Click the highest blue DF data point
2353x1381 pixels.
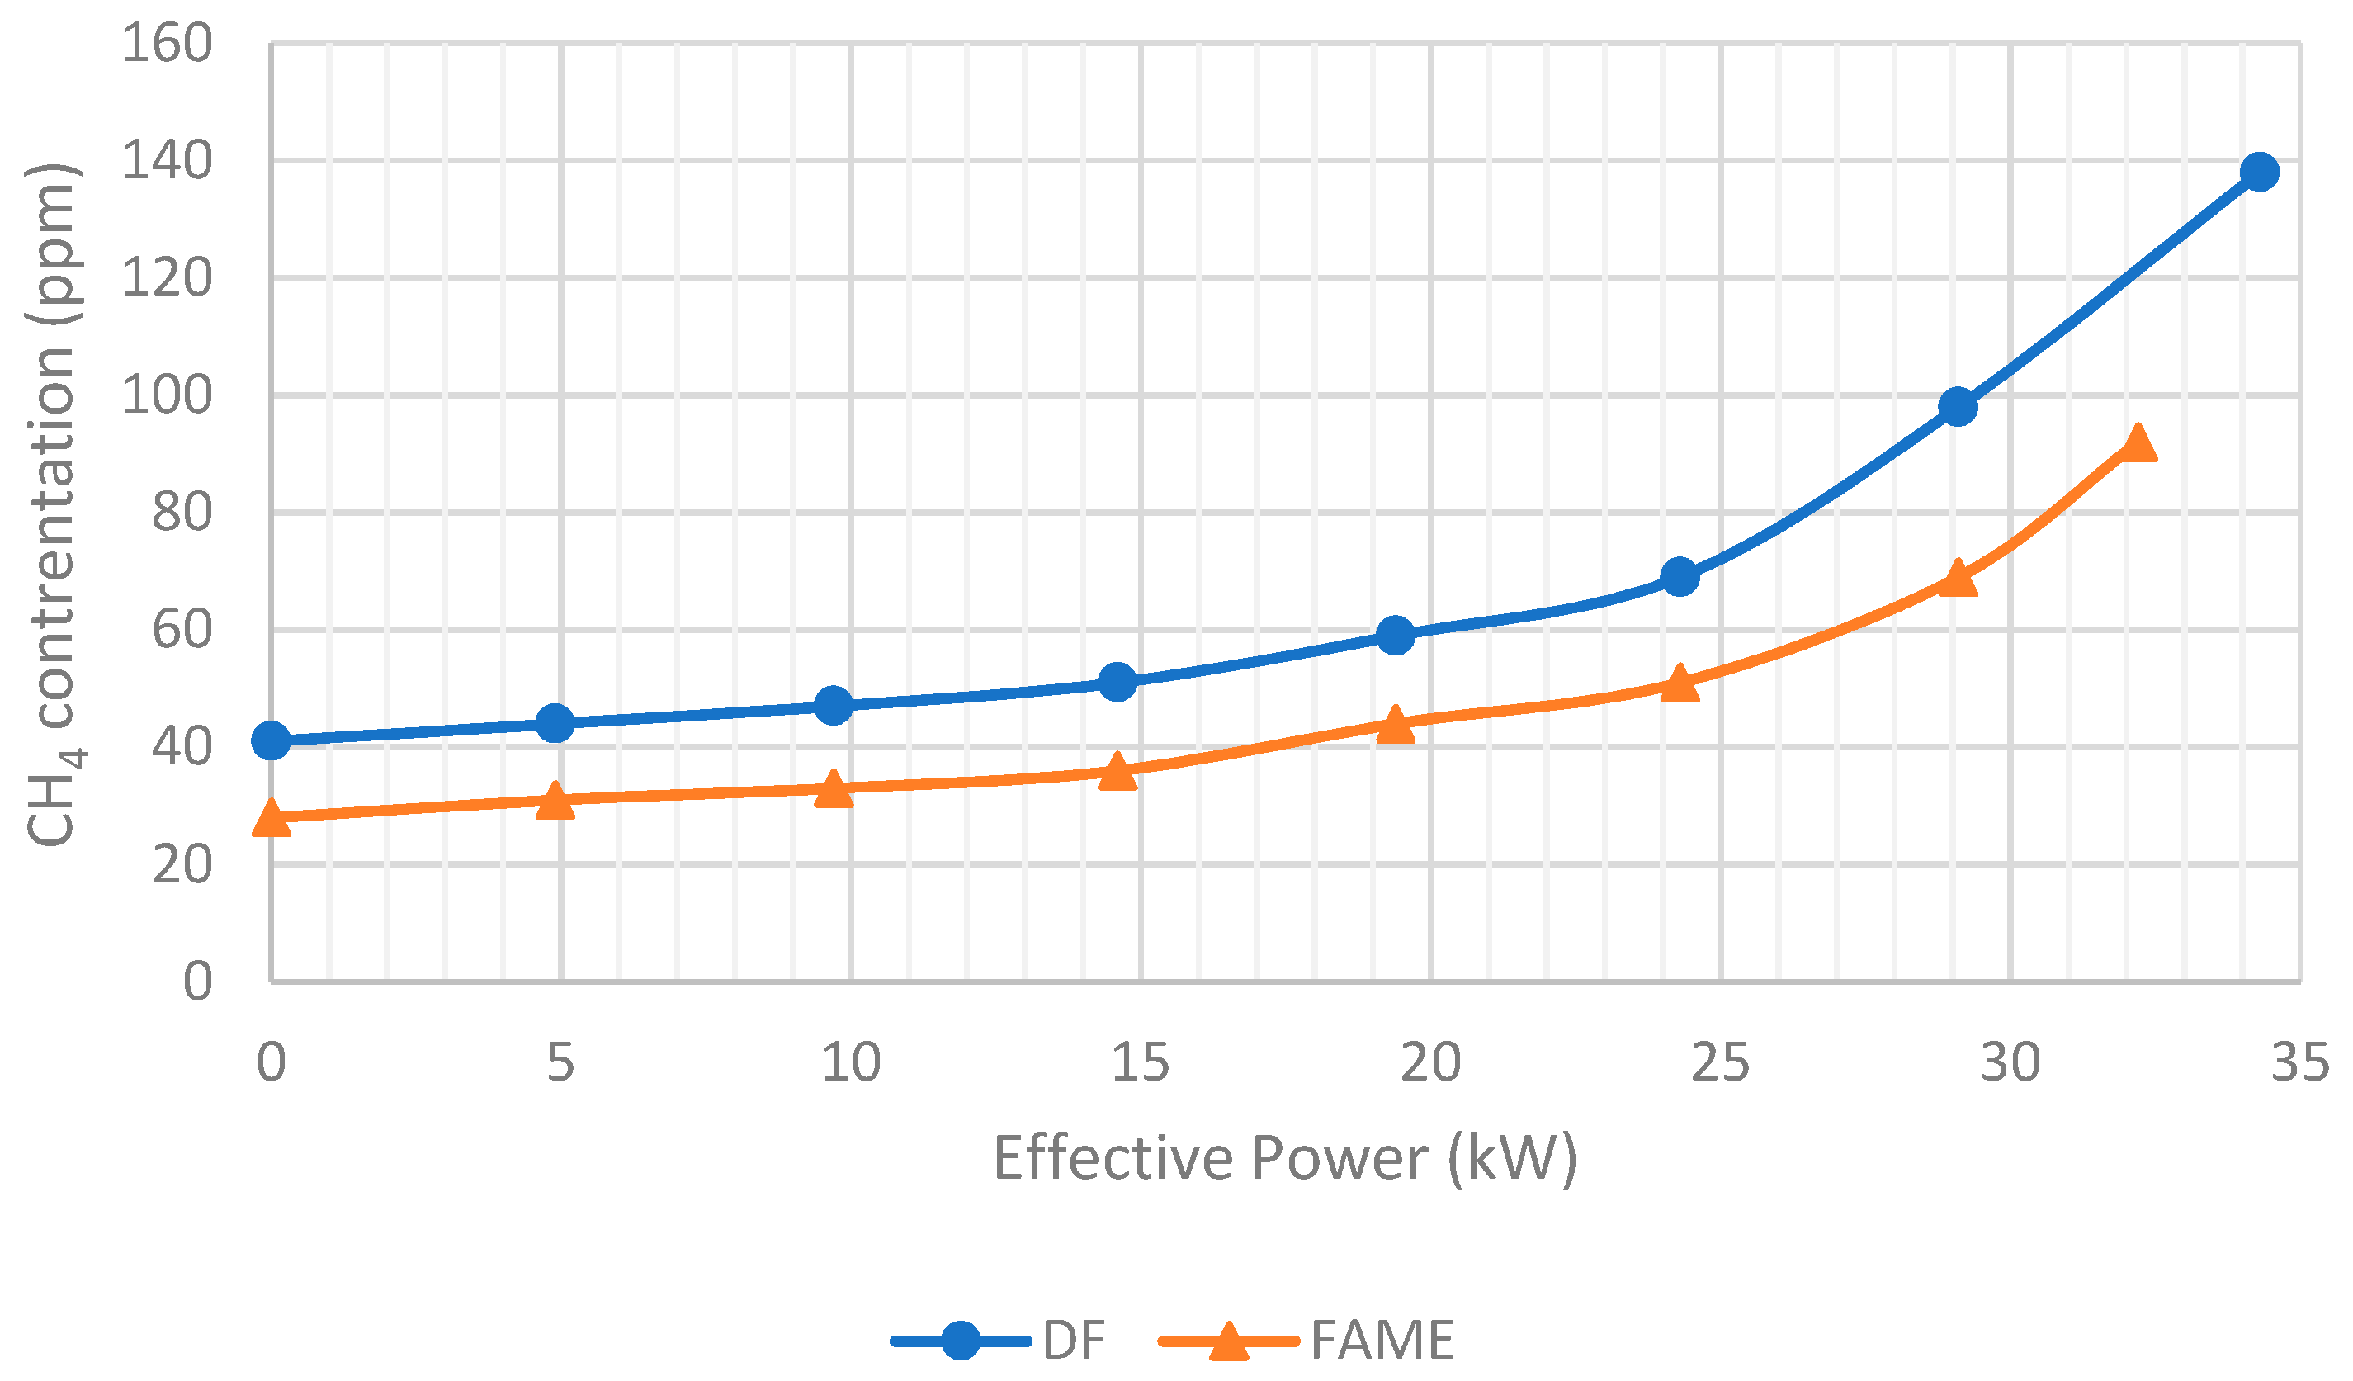click(x=2259, y=172)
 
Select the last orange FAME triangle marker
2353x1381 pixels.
click(x=2138, y=443)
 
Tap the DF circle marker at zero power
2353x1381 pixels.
click(x=271, y=740)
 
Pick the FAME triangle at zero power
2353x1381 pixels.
click(x=271, y=818)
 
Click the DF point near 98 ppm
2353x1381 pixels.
click(x=1957, y=407)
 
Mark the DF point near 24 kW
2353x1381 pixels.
click(x=1679, y=577)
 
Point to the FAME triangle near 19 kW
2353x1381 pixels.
click(x=1395, y=725)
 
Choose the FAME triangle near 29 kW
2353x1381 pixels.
click(x=1957, y=579)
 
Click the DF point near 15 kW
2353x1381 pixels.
click(x=1117, y=683)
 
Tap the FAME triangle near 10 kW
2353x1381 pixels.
click(x=833, y=789)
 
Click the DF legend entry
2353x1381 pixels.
click(x=999, y=1341)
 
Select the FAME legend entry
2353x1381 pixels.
click(x=1307, y=1341)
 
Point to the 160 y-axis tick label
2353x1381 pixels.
click(x=168, y=44)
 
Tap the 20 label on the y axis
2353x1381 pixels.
click(x=182, y=864)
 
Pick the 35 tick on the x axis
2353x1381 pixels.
click(x=2299, y=1062)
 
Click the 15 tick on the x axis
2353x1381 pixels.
click(x=1140, y=1062)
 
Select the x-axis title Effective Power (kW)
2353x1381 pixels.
click(x=1285, y=1159)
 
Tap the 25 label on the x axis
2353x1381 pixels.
click(x=1720, y=1062)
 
